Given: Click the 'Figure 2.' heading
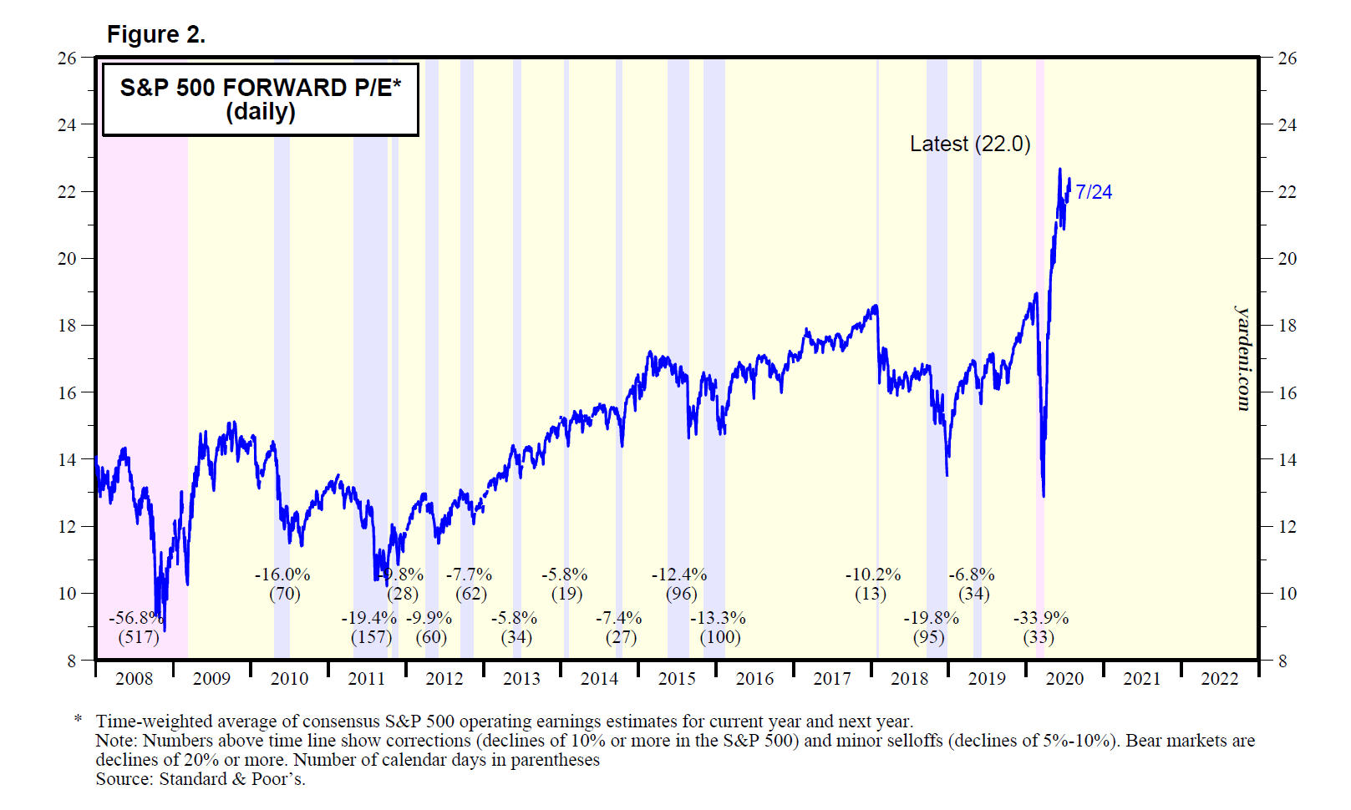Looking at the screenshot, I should (156, 34).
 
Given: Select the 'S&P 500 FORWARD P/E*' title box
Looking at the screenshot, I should (260, 99).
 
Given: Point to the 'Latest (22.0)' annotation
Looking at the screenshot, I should (969, 144).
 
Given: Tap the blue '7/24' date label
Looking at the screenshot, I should (1094, 192).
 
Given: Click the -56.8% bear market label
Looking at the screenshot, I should (135, 618).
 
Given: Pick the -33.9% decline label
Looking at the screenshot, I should (1040, 618).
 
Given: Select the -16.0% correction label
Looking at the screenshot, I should (282, 575).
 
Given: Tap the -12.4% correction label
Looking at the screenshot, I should (679, 575).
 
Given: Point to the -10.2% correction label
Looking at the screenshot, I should (873, 575).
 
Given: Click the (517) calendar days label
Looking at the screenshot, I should (139, 637).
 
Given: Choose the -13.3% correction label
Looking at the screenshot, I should (718, 618).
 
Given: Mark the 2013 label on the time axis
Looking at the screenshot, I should (521, 679).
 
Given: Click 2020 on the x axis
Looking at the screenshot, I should (1064, 679).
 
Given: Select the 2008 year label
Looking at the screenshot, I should (134, 679).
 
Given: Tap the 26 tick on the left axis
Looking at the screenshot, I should (67, 58).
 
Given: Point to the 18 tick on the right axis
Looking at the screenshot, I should (1288, 326).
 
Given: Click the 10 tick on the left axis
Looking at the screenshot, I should (67, 594).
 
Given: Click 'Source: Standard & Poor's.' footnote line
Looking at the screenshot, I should (201, 779).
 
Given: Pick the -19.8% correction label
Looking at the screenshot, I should (931, 618).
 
